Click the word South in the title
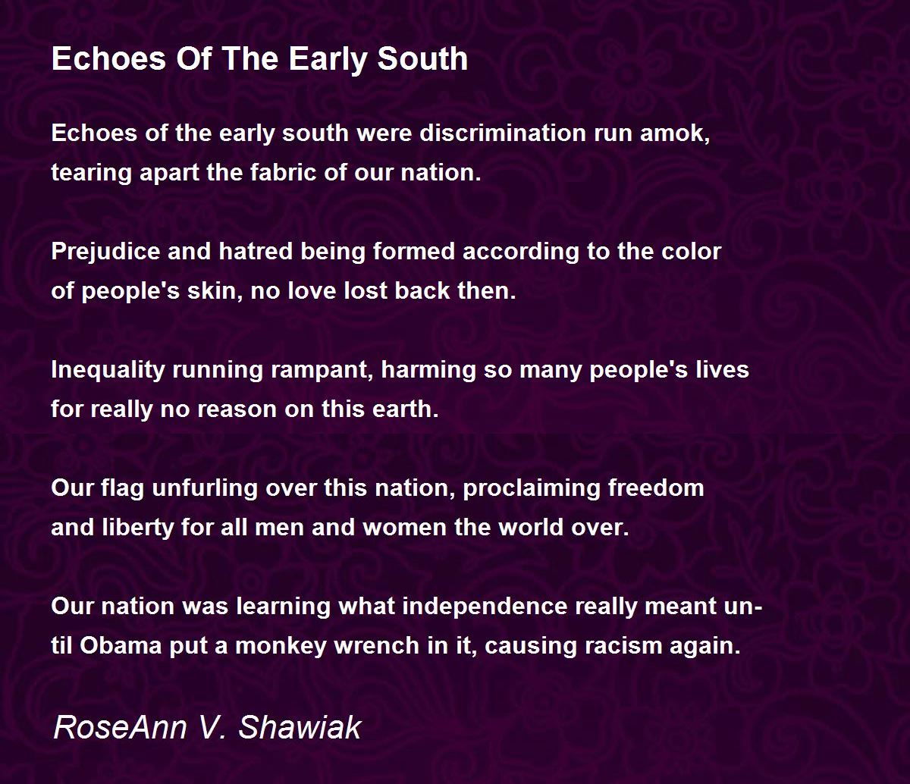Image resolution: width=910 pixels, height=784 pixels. pyautogui.click(x=422, y=59)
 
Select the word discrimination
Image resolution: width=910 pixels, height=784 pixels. pyautogui.click(x=502, y=133)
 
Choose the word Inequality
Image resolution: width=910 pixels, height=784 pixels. pyautogui.click(x=108, y=370)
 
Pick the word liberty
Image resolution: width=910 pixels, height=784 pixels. pyautogui.click(x=138, y=528)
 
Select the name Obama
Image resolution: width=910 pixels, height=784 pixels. pyautogui.click(x=121, y=646)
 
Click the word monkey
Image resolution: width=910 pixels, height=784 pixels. pyautogui.click(x=281, y=646)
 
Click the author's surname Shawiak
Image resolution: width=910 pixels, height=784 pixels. pyautogui.click(x=300, y=727)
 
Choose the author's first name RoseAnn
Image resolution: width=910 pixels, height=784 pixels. pyautogui.click(x=120, y=727)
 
